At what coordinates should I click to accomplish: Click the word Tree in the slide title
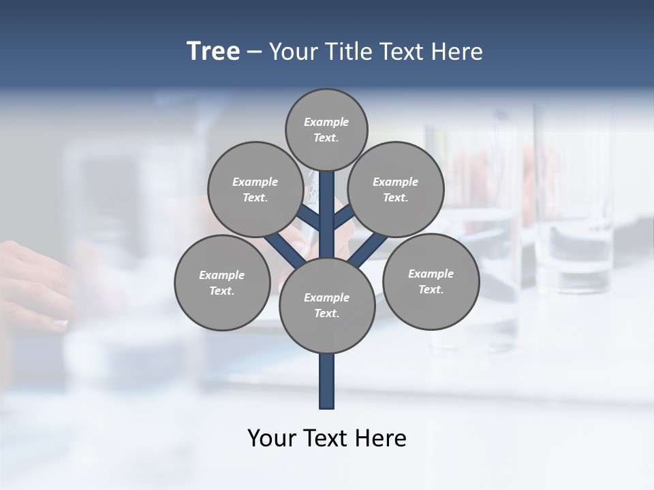click(x=213, y=52)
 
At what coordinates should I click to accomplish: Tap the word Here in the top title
click(x=458, y=52)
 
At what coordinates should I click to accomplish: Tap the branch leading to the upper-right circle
click(x=343, y=217)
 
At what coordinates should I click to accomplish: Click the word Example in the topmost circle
click(x=326, y=122)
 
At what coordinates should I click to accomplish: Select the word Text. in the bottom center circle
click(x=326, y=314)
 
